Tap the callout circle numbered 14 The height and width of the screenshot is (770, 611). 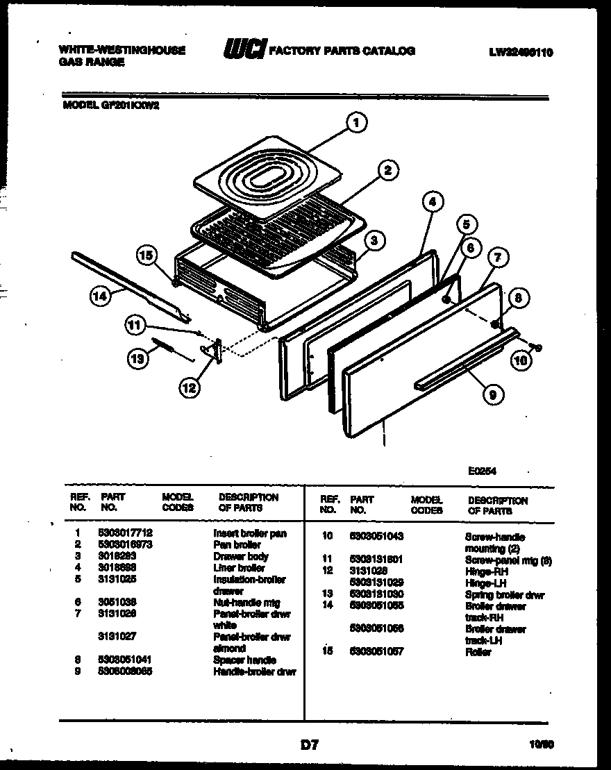[x=101, y=296]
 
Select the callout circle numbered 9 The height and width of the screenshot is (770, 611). [x=492, y=395]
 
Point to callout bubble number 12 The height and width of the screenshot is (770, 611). [x=188, y=388]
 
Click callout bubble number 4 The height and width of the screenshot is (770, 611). [x=432, y=202]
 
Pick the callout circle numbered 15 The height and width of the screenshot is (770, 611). [x=145, y=255]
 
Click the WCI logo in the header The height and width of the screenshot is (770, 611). [x=244, y=50]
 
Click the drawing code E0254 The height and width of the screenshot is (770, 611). [x=483, y=470]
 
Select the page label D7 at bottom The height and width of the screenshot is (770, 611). [x=309, y=745]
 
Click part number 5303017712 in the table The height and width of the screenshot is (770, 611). [x=126, y=533]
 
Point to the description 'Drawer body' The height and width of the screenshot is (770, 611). [x=240, y=556]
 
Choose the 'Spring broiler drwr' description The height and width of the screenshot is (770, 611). [x=504, y=595]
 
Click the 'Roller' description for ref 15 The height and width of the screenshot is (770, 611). [x=477, y=652]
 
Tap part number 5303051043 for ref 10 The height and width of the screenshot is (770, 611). [x=376, y=536]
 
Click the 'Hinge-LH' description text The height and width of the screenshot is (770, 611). [x=482, y=583]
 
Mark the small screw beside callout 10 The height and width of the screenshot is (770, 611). [x=536, y=346]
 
